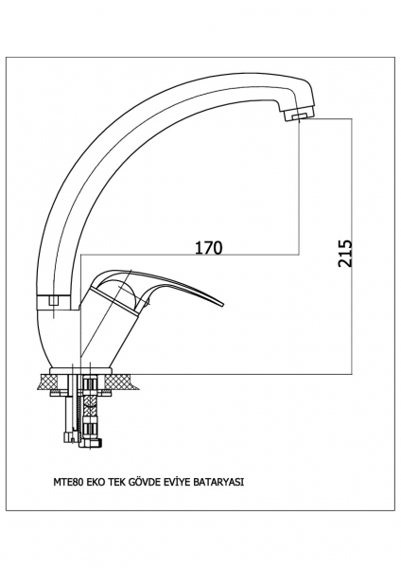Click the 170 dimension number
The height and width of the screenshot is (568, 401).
click(x=208, y=248)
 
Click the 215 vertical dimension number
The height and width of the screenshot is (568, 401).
click(x=345, y=253)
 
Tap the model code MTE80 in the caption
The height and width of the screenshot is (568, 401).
click(x=69, y=482)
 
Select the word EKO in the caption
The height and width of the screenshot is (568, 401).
click(x=95, y=482)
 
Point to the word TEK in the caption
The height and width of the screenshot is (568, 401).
click(x=113, y=482)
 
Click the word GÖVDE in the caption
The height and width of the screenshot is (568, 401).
click(x=138, y=482)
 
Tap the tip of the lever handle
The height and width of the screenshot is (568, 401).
click(x=224, y=305)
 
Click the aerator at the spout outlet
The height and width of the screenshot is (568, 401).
click(x=296, y=115)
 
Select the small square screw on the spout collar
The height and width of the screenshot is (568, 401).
click(x=54, y=300)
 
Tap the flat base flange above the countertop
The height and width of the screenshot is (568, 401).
click(x=81, y=370)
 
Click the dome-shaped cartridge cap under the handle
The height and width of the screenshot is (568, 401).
click(x=117, y=290)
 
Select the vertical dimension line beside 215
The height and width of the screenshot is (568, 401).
click(x=352, y=246)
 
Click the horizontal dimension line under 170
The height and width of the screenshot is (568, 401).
click(x=190, y=255)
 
